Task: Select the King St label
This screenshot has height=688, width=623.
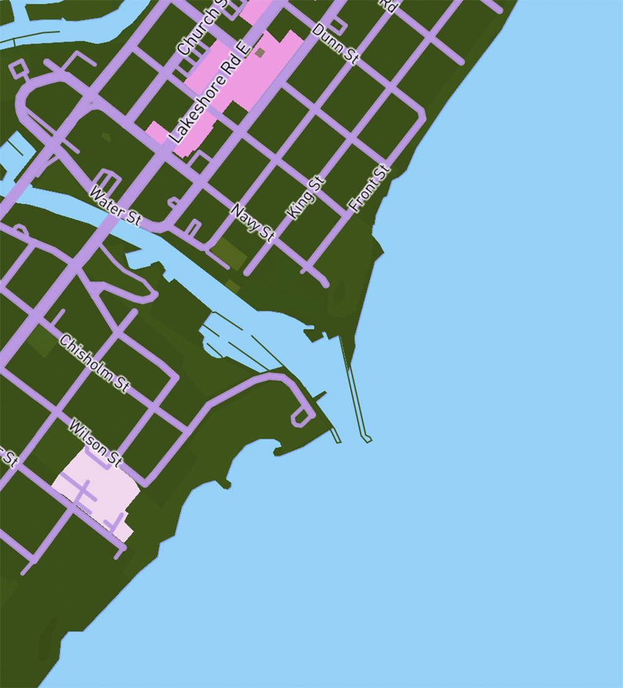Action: click(306, 198)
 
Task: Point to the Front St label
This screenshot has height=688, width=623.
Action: click(369, 188)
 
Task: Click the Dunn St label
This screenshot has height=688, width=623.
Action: click(335, 44)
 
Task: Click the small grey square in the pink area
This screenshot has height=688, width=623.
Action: click(260, 53)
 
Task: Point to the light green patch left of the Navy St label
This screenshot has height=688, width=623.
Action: click(228, 253)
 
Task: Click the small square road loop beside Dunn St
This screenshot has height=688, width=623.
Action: click(338, 26)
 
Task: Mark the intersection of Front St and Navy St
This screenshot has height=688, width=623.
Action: click(311, 267)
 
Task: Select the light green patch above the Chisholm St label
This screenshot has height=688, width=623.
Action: click(40, 340)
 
